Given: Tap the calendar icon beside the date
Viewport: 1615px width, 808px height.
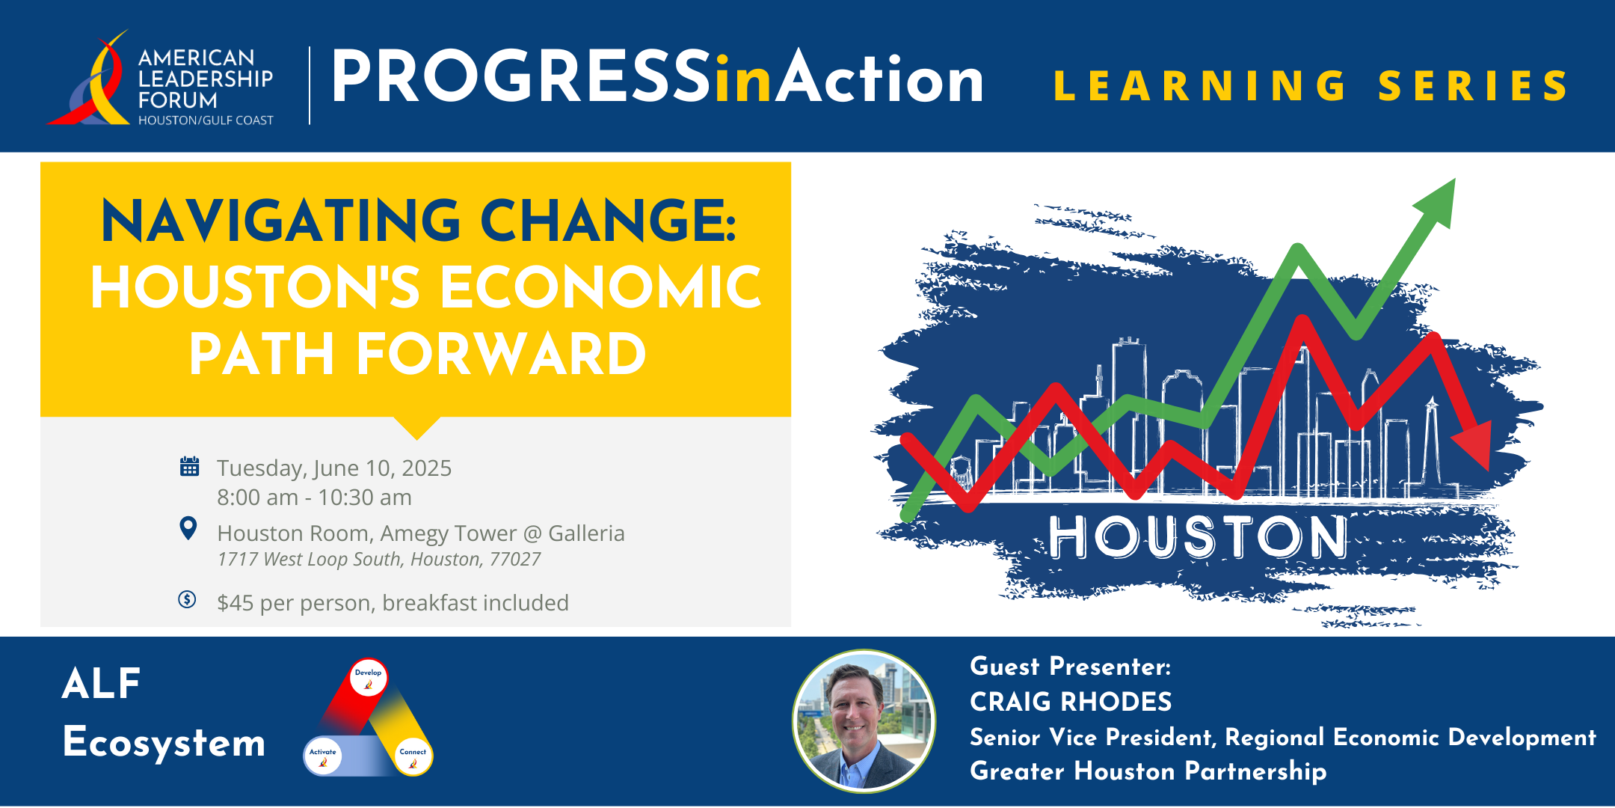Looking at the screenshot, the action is point(189,466).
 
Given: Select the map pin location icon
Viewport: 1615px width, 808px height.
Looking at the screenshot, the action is point(188,528).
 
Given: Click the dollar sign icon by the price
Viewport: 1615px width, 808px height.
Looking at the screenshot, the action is point(187,599).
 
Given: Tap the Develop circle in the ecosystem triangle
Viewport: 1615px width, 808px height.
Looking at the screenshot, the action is point(368,677).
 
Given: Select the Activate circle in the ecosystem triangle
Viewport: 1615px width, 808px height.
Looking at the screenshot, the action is point(323,756).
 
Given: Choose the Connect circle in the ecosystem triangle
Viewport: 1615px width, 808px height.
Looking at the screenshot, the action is point(413,756).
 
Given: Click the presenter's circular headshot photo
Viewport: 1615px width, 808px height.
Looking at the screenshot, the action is point(864,721).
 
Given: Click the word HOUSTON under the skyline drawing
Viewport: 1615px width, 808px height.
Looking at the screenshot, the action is point(1199,536).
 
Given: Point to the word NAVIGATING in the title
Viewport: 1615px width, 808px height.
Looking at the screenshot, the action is point(281,221).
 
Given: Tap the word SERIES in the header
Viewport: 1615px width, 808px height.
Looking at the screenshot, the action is point(1473,86).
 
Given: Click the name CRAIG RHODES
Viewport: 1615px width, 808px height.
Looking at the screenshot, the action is point(1071,702).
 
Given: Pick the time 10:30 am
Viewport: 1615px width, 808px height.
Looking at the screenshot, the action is point(365,498).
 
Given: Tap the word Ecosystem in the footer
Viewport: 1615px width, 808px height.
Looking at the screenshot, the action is point(164,743).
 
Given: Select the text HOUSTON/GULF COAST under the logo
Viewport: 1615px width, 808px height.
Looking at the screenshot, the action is point(206,120).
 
